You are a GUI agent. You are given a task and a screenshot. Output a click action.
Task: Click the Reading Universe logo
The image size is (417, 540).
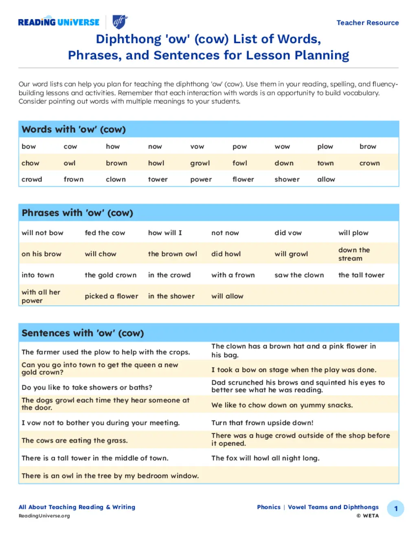[x=59, y=22]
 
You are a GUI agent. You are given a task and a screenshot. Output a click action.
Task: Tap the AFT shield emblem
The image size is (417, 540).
[x=120, y=22]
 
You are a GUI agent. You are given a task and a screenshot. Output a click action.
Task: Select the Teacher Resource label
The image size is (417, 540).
[x=367, y=23]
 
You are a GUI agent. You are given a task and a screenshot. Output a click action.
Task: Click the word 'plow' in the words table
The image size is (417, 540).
[x=325, y=147]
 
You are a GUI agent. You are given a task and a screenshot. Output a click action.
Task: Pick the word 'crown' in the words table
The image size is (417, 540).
[x=369, y=163]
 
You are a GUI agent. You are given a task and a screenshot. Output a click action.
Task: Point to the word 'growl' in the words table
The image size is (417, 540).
[x=200, y=163]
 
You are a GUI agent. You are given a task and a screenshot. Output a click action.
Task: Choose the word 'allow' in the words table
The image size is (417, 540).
[x=326, y=179]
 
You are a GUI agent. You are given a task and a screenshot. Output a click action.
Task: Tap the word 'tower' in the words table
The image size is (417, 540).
[x=158, y=179]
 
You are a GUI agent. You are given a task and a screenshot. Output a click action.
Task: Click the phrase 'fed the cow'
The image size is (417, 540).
[x=105, y=233]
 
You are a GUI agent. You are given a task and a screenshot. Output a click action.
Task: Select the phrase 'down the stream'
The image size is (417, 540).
[x=354, y=254]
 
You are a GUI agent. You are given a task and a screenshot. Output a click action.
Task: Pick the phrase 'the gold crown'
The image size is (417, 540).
[x=110, y=275]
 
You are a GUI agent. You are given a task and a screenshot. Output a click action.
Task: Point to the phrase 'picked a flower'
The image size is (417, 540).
[x=111, y=296]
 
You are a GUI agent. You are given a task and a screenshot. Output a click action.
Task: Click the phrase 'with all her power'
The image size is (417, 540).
[x=41, y=296]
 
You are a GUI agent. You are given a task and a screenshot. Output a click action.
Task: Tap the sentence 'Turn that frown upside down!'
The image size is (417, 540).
[x=262, y=423]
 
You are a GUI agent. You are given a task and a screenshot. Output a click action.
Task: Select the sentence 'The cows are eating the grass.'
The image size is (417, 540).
[x=75, y=441]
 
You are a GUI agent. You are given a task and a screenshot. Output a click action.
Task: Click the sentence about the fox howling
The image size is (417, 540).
[x=265, y=458]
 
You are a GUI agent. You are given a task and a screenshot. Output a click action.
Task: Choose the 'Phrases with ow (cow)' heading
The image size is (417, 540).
[x=77, y=213]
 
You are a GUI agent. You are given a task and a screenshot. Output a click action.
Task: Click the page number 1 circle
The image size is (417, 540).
[x=395, y=509]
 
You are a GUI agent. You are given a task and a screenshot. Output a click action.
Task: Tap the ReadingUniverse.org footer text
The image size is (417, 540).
[x=44, y=516]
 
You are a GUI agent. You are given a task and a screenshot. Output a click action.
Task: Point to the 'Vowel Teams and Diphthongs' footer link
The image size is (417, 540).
[x=333, y=507]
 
